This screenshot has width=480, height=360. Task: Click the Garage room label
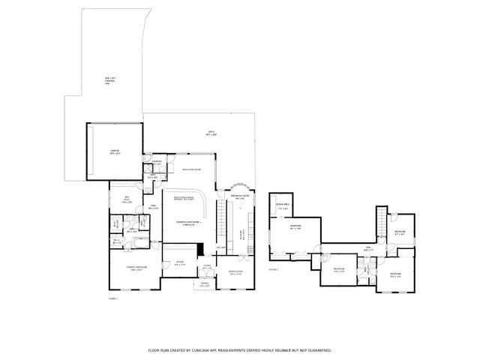(x=115, y=152)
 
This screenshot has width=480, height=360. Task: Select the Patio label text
(x=212, y=133)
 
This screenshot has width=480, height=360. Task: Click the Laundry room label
(x=157, y=162)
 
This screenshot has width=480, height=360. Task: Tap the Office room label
(x=179, y=263)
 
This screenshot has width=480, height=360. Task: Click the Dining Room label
(x=237, y=272)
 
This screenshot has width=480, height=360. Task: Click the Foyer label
(x=206, y=266)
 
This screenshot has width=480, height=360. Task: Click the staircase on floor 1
(x=221, y=221)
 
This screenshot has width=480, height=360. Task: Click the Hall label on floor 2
(x=368, y=247)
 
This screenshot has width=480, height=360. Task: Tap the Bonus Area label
(x=283, y=205)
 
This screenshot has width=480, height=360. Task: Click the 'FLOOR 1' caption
(x=112, y=298)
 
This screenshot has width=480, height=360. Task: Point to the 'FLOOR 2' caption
(x=273, y=268)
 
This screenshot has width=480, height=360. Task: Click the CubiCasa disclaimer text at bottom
(x=239, y=350)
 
